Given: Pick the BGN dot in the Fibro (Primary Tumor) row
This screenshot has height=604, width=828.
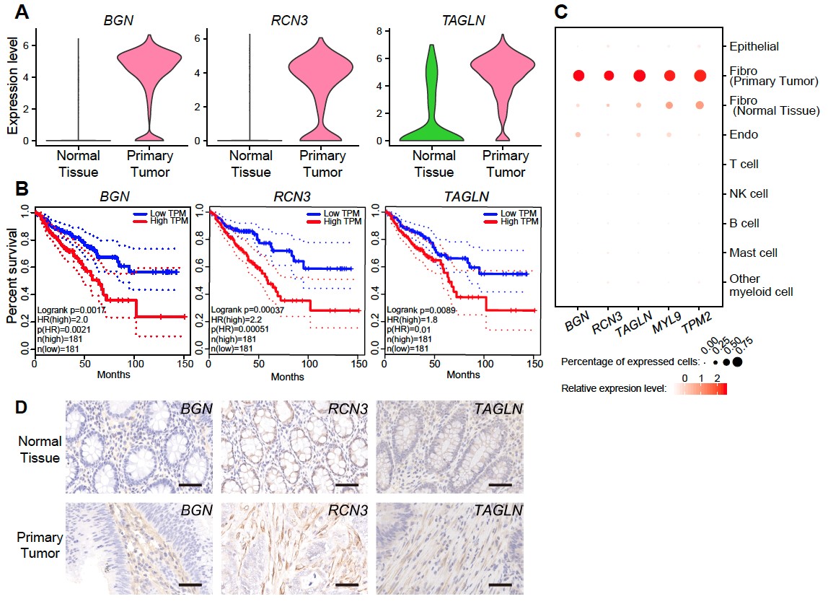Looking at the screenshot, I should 578,76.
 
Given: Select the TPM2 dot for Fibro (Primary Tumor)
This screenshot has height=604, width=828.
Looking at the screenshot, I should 700,76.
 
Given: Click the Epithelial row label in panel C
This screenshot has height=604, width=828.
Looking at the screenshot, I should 754,46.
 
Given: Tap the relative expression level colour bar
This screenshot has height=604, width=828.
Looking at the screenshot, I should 701,390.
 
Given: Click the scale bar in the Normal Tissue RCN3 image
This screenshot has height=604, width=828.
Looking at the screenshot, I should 346,485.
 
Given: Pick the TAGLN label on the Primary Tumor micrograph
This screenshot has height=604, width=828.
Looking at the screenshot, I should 498,511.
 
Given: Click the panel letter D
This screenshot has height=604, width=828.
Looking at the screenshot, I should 22,408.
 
